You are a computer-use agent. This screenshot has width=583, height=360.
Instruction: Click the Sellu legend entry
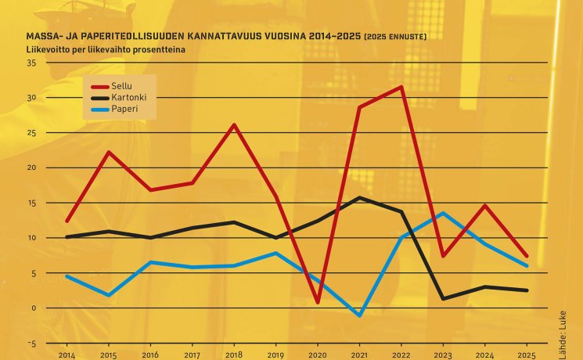coord(122,85)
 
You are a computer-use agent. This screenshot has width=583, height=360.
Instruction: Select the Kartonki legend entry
coord(128,97)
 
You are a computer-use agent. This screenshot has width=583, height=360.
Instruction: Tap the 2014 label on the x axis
coord(67,354)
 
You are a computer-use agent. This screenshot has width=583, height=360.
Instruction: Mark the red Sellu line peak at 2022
coord(401,87)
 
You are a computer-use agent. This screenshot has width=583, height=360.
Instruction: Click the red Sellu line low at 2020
coord(317,302)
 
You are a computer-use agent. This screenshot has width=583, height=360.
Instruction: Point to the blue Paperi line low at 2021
coord(359,315)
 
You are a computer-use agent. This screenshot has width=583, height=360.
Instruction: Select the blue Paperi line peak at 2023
coord(443,213)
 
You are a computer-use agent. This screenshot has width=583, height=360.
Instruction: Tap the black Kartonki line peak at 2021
coord(359,197)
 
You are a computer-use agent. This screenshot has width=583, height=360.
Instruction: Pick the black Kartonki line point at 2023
coord(443,298)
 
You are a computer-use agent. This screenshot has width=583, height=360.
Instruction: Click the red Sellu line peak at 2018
coord(234,125)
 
